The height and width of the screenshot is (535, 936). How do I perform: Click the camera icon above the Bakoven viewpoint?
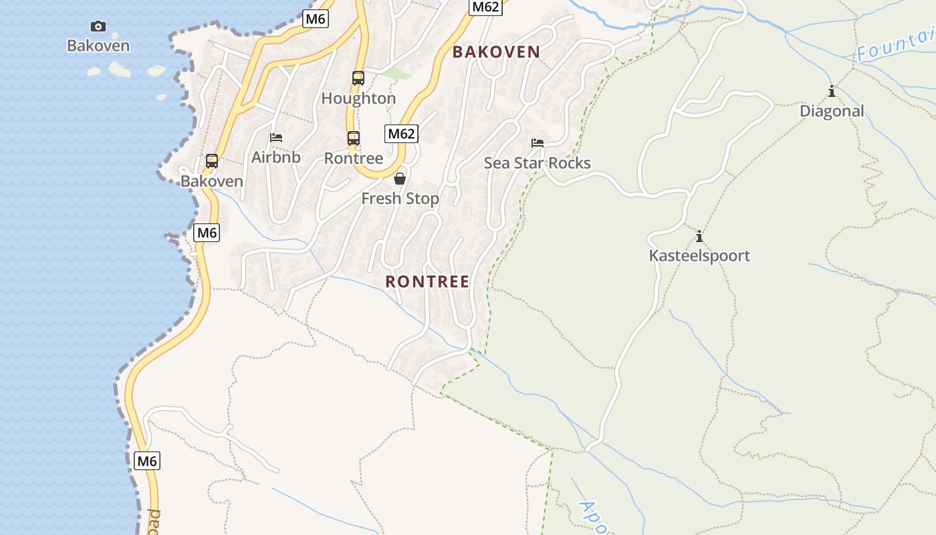coord(98,27)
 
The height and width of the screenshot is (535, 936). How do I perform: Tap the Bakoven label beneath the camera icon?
coord(98,46)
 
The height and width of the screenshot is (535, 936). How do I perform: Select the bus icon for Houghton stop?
coord(358,78)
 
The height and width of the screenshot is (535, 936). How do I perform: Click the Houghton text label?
coord(358,98)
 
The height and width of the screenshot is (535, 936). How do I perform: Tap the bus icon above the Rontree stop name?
coord(354,138)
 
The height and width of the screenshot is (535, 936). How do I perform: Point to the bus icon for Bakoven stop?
coord(212,161)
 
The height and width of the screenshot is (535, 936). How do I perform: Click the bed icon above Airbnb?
coord(276,138)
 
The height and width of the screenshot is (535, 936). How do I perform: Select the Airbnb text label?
coord(276,157)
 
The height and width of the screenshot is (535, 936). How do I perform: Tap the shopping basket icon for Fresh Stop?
coord(400,179)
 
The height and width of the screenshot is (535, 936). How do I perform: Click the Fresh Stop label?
coord(400,199)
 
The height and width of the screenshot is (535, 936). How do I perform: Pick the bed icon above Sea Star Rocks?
coord(538,142)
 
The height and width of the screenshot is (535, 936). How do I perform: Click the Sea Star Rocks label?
coord(538,163)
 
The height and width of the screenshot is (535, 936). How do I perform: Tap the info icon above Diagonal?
coord(832,91)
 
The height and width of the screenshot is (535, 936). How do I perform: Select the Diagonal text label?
coord(832,111)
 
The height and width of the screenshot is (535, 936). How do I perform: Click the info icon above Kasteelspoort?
coord(699,236)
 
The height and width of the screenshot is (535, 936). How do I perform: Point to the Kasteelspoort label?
coord(699,255)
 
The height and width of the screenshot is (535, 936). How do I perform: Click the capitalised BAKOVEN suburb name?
coord(496,52)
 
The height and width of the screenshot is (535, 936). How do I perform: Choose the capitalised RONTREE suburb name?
coord(427,282)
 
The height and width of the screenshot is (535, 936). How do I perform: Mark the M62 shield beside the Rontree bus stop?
coord(402,133)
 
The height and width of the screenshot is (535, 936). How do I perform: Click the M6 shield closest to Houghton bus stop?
coord(315,19)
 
